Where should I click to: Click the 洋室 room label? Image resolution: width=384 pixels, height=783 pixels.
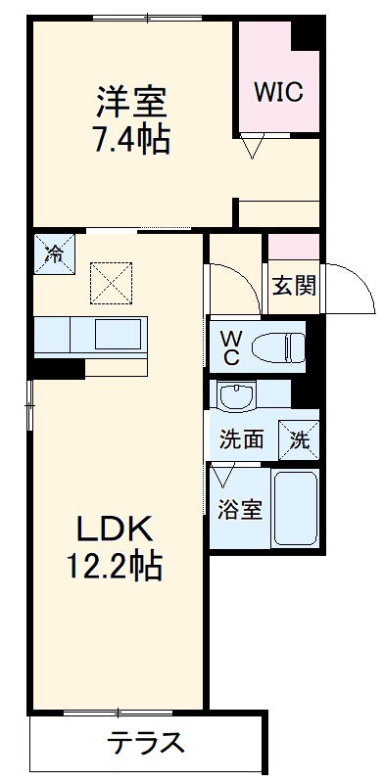coord(131,102)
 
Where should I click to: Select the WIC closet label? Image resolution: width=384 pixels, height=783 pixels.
coord(279,92)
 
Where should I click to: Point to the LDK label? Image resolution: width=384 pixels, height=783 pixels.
coord(116,530)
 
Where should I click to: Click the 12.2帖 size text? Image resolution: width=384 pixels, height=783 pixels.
coord(116,565)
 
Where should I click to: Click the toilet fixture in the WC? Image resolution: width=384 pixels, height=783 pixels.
coord(278,345)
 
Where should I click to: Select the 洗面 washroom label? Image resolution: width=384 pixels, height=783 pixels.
coord(241,439)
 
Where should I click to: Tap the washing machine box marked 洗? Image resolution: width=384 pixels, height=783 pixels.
coord(299,438)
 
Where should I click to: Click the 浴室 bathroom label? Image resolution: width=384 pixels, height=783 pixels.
coord(239,510)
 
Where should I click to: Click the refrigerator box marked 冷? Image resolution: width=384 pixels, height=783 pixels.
coord(55,253)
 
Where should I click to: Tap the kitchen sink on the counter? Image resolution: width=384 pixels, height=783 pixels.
coord(119,335)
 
